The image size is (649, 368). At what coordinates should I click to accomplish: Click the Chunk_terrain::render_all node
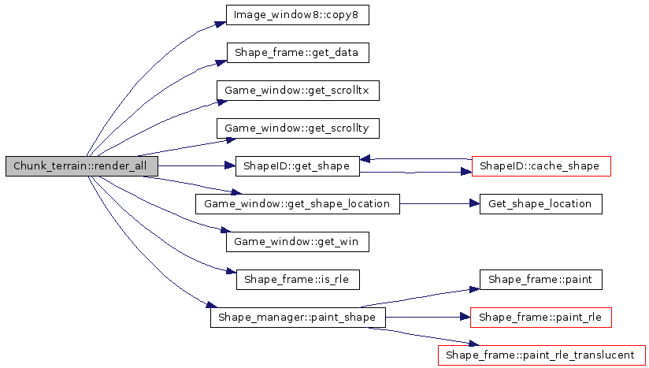(x=81, y=166)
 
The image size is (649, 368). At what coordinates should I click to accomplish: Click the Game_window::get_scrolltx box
(x=298, y=91)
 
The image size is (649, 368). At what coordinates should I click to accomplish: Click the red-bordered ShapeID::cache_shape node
(x=540, y=166)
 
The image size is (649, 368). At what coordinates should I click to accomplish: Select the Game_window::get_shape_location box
(x=297, y=204)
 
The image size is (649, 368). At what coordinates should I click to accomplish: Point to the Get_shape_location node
(x=540, y=204)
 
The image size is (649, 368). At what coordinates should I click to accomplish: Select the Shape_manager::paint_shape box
(x=298, y=318)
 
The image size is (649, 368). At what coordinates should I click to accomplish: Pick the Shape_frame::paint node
(x=540, y=280)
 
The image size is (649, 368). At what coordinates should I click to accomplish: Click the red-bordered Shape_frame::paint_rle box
(x=540, y=318)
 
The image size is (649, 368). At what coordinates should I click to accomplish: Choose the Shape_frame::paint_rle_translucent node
(x=540, y=355)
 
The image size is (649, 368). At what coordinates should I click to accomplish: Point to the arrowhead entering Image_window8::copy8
(x=221, y=24)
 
